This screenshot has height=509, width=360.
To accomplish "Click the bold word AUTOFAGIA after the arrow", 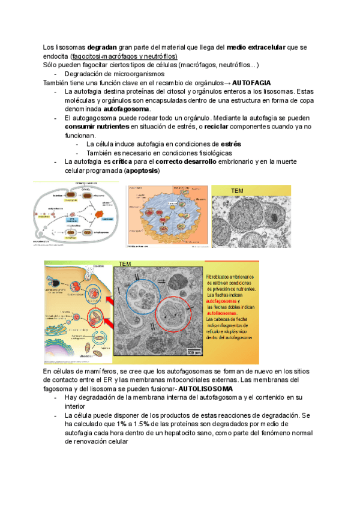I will point(251,82).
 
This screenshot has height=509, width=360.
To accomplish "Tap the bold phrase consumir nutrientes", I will point(96,127).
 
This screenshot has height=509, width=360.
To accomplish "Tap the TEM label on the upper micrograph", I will point(238,191).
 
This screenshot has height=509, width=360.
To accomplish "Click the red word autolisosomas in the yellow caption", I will point(223,313).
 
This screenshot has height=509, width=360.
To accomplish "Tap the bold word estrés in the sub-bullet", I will point(231,145).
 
